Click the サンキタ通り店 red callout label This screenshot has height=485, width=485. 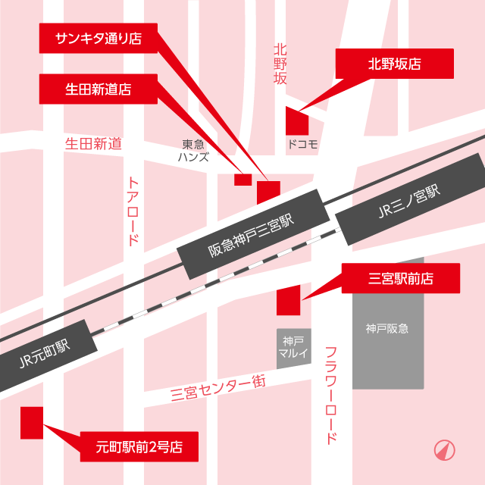98,38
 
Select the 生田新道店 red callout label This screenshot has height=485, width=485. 98,89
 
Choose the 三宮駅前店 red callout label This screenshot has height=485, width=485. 401,278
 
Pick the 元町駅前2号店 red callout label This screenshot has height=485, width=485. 139,446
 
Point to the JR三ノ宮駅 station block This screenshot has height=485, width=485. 409,201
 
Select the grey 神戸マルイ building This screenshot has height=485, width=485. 293,348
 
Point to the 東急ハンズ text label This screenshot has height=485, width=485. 193,150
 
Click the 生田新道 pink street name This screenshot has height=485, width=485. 93,142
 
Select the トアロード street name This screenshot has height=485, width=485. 133,211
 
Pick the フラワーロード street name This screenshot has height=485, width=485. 331,395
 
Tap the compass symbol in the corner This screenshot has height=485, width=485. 444,450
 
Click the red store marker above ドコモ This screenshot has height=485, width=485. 296,121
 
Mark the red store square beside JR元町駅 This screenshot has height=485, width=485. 32,422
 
